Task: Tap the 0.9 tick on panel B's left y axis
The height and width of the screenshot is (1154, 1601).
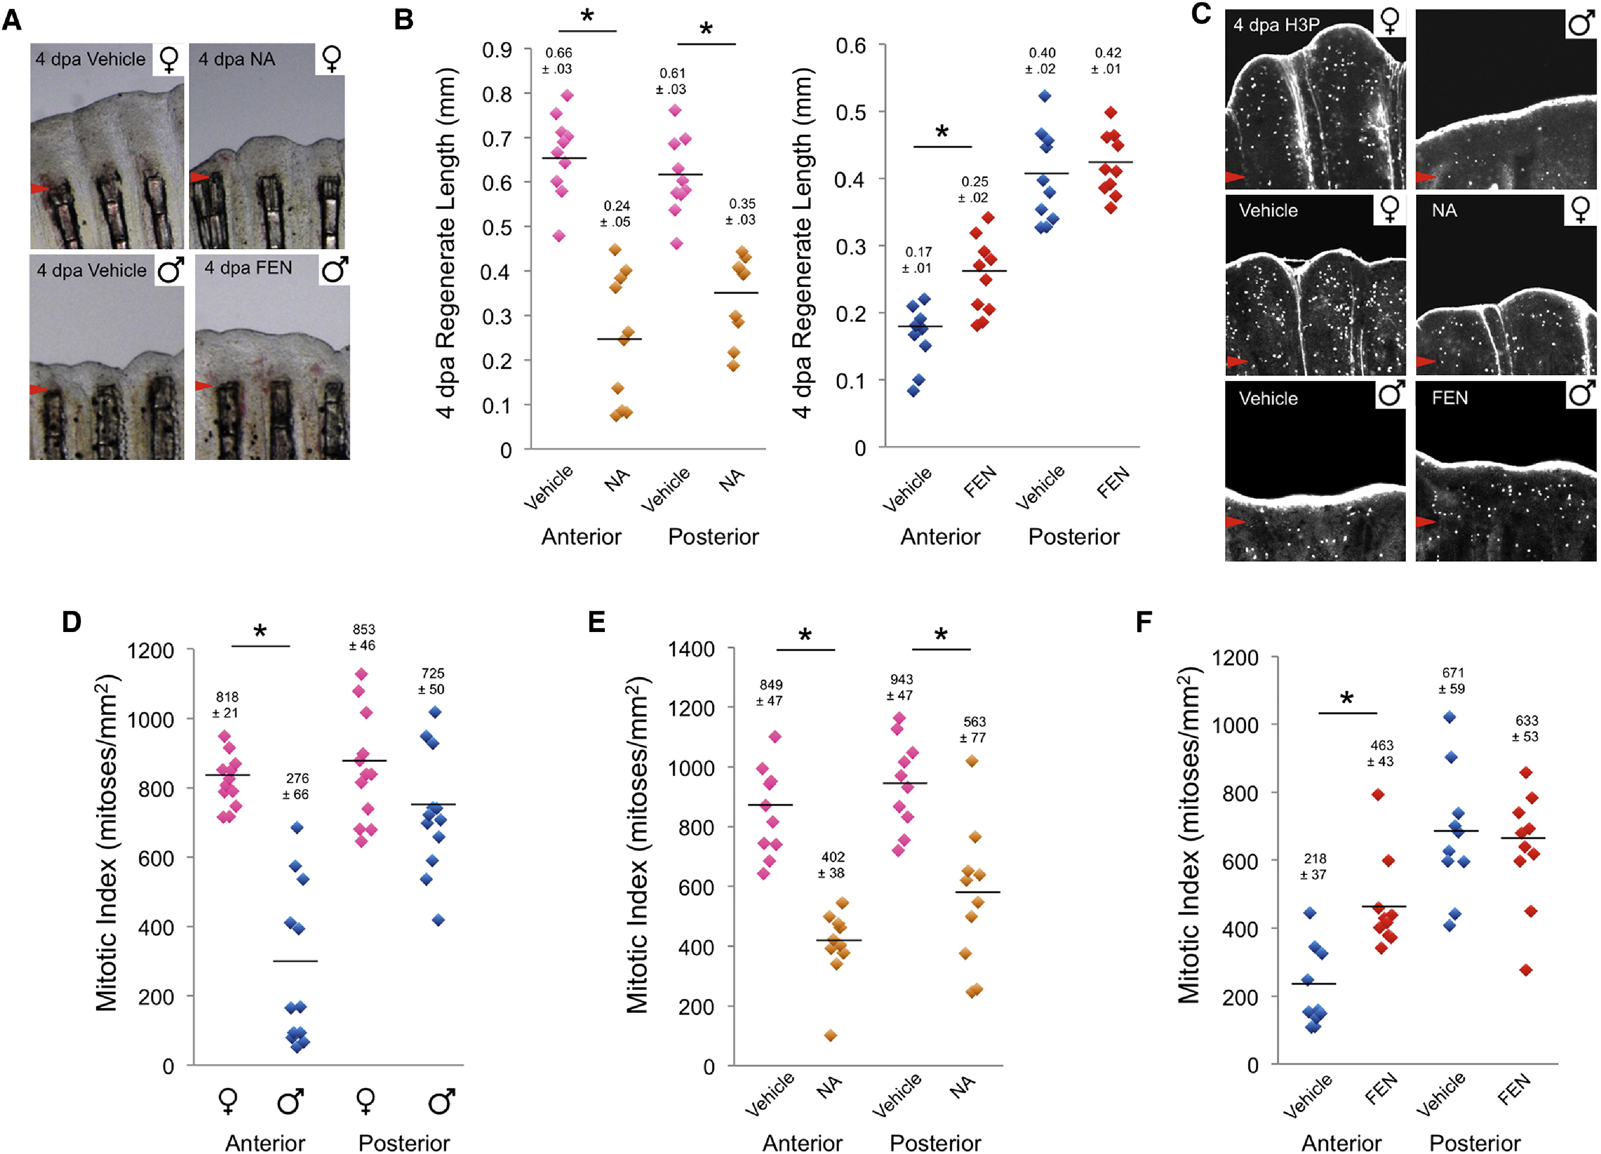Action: point(497,50)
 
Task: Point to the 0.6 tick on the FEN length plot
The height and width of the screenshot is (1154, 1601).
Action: point(851,46)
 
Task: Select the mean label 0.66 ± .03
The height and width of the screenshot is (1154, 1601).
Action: point(558,61)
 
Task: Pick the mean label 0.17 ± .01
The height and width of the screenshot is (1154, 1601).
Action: point(918,260)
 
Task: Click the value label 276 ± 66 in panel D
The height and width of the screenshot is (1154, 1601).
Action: point(296,786)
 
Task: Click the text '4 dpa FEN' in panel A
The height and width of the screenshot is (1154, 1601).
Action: point(248,268)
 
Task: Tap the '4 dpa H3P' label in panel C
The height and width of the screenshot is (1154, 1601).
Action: point(1276,25)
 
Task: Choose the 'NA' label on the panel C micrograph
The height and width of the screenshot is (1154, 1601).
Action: point(1444,210)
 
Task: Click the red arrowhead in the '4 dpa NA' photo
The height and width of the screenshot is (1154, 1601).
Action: point(199,177)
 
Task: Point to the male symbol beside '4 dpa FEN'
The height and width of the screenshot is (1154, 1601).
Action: point(334,269)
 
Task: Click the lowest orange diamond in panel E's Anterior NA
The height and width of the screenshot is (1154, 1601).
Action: point(831,1036)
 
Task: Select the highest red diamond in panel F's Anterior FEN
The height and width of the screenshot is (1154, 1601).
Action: point(1377,795)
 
